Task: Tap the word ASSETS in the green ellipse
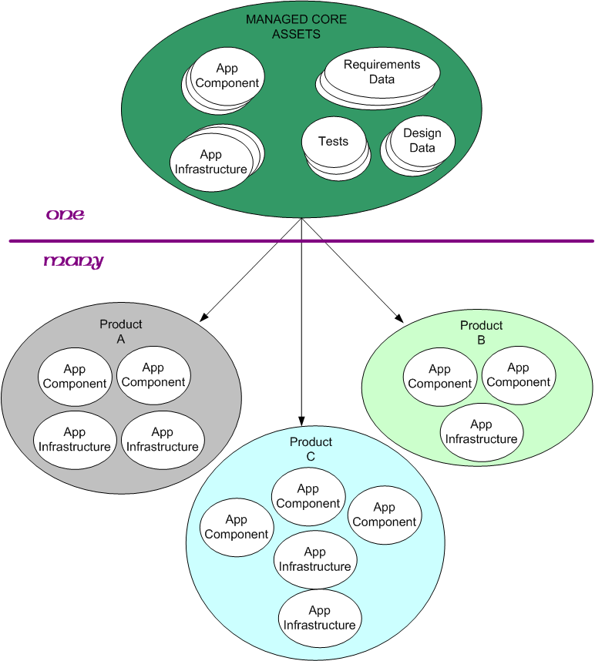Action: pos(296,34)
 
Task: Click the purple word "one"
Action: pos(66,214)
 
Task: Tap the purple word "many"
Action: pos(73,261)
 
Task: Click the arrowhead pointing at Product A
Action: pos(204,317)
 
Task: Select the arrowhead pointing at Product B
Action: pos(399,317)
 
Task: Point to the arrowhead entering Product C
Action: pos(301,421)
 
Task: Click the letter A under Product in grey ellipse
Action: pos(121,339)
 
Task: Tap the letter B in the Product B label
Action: pos(481,340)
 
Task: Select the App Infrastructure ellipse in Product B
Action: pos(481,431)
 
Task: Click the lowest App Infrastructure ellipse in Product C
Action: pos(319,618)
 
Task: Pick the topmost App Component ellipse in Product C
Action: pos(308,496)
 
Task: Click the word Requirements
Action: pos(382,65)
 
